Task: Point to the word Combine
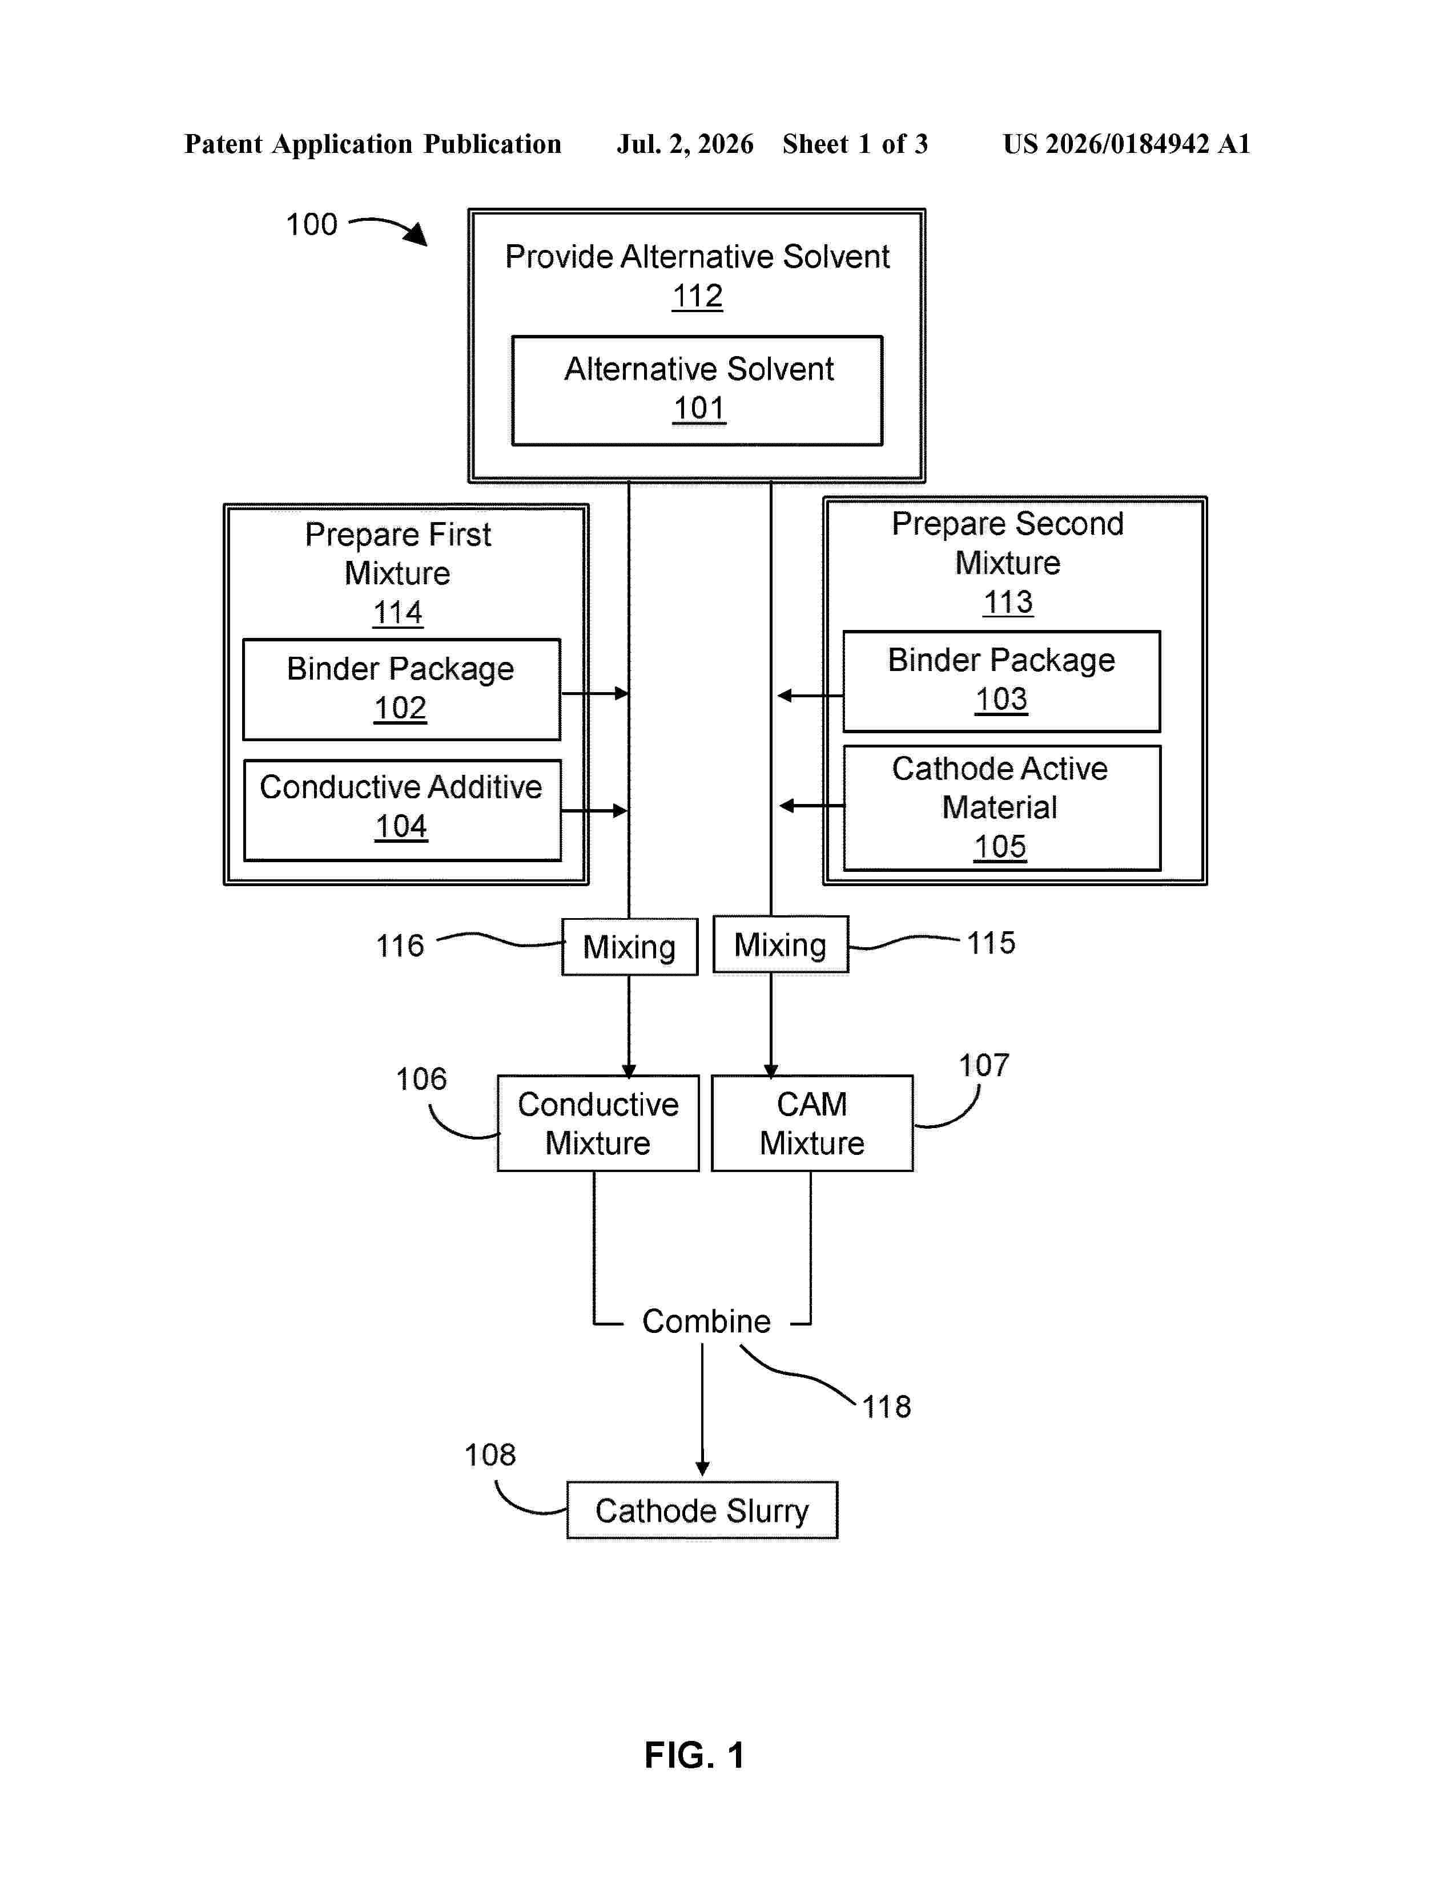(x=706, y=1321)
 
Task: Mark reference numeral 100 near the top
(x=311, y=224)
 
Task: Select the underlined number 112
(x=697, y=297)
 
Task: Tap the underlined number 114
(x=397, y=613)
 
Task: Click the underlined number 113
(x=1007, y=602)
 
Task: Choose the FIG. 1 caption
(x=694, y=1755)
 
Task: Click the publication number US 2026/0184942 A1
(x=1127, y=144)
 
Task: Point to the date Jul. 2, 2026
(x=685, y=144)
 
